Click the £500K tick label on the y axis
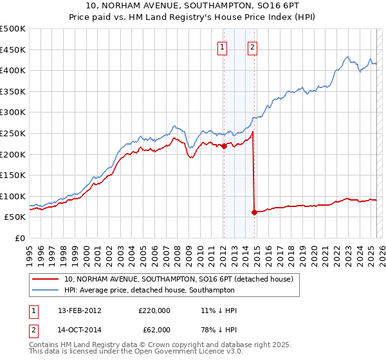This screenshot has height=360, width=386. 12,29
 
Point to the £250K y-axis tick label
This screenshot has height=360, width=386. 12,133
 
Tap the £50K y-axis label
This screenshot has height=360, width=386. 15,217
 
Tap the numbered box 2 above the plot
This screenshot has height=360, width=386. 252,46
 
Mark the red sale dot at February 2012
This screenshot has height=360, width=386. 224,146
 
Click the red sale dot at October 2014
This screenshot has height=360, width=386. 254,212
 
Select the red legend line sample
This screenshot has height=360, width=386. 45,279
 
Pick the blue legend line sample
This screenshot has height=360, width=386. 45,290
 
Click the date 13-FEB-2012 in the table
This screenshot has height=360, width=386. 80,310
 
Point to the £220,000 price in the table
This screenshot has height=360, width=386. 154,310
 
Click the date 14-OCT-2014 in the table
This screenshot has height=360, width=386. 80,330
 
